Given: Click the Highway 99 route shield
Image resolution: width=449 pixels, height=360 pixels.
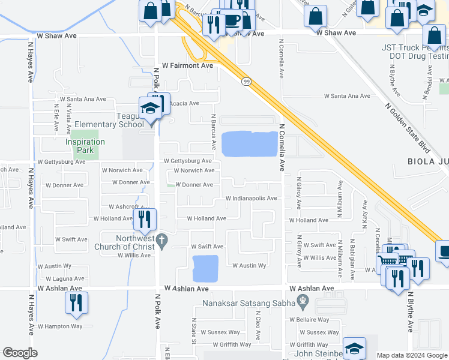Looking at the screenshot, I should (246, 80).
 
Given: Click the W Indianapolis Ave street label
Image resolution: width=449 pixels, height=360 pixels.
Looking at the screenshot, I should (251, 199).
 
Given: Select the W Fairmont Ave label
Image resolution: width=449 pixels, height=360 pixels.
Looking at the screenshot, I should (188, 65).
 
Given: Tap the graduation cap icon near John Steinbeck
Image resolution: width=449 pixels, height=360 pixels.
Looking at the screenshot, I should (354, 349).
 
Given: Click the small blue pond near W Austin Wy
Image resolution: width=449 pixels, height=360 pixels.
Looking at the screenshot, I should (205, 268).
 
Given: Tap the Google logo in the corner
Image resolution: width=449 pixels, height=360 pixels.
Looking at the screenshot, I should (20, 352).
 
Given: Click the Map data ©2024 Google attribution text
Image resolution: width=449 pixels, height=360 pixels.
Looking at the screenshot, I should (412, 356).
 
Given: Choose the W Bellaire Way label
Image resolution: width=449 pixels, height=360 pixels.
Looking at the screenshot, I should (309, 320).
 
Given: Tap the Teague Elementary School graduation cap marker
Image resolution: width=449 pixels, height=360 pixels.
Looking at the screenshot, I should (150, 108).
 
